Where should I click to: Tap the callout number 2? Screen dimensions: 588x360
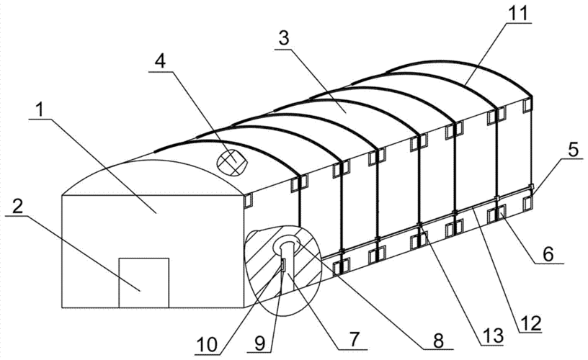pos(17,207)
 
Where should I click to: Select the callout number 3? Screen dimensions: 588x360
pos(284,38)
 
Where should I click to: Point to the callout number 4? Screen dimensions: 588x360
pos(161,62)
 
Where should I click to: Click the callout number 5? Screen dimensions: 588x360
pos(573,150)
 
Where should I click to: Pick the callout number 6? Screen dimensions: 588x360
pos(548,254)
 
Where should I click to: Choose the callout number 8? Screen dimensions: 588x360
pos(438,340)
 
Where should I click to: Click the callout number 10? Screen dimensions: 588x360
pos(207,345)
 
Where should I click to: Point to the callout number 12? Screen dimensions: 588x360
pos(530,323)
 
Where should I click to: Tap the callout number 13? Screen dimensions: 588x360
pos(491,336)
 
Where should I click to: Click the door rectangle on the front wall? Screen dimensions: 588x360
pos(143,283)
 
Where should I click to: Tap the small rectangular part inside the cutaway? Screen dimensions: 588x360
pos(283,264)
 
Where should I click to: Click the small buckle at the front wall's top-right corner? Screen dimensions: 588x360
pos(249,200)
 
